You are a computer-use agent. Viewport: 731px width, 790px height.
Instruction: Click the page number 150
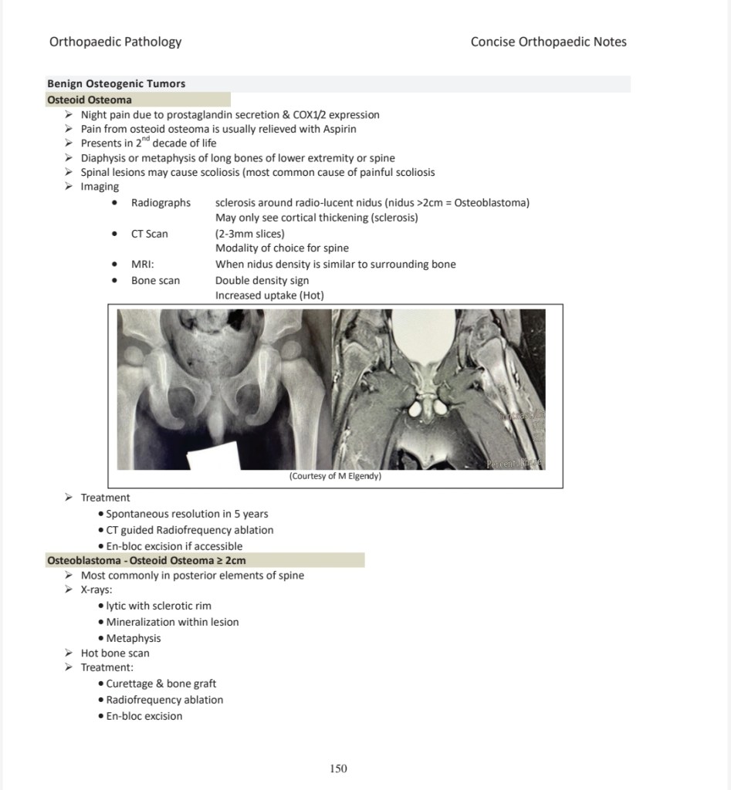coord(338,768)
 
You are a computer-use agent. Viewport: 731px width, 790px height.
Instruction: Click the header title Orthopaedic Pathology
coord(115,42)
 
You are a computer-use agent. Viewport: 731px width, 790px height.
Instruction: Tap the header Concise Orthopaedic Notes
coord(548,42)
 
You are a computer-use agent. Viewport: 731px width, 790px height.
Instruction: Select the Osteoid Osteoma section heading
coord(90,100)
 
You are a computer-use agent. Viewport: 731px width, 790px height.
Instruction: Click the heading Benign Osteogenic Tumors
coord(117,83)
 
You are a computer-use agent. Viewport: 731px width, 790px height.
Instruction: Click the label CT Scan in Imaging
coord(149,234)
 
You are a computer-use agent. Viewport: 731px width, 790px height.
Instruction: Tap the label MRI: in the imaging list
coord(144,265)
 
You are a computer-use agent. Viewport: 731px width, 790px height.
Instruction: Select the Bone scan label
coord(155,280)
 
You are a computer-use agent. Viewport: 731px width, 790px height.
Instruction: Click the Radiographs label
coord(161,203)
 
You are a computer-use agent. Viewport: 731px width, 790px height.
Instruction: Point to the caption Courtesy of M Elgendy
coord(335,476)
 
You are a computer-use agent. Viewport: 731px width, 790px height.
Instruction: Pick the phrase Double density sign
coord(262,280)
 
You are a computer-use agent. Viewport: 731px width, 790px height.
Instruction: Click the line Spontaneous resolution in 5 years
coord(187,514)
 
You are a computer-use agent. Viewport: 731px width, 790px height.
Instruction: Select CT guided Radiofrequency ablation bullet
coord(189,530)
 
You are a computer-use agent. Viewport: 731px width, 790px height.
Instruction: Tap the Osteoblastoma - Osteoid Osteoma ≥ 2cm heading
coord(147,560)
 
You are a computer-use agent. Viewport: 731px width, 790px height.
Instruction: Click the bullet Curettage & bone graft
coord(161,684)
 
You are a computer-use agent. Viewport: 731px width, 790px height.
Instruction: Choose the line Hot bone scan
coord(115,653)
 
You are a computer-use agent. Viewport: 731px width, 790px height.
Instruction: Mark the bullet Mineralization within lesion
coord(172,622)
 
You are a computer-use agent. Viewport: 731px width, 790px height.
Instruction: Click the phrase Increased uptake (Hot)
coord(269,295)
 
